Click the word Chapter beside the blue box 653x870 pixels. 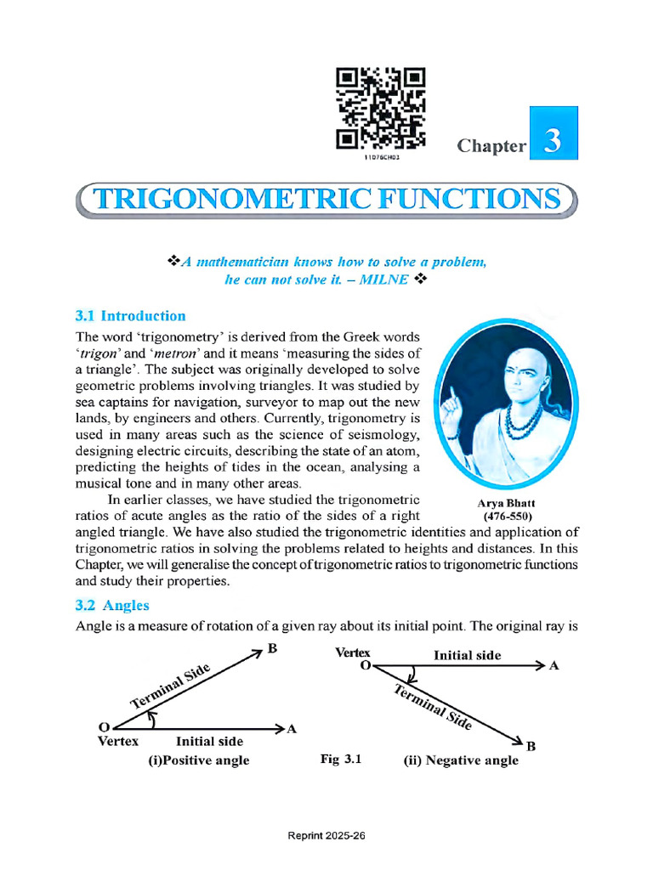(491, 145)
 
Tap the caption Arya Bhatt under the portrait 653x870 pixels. (507, 503)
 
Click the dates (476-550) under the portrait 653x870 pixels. (507, 517)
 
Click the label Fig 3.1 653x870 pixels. (341, 759)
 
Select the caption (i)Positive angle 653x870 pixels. (198, 760)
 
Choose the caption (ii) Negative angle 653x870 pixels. (460, 760)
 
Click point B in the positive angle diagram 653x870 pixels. (270, 648)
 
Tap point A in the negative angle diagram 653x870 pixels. (554, 666)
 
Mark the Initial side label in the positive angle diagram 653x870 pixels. (209, 742)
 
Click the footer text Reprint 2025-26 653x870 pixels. (326, 836)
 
